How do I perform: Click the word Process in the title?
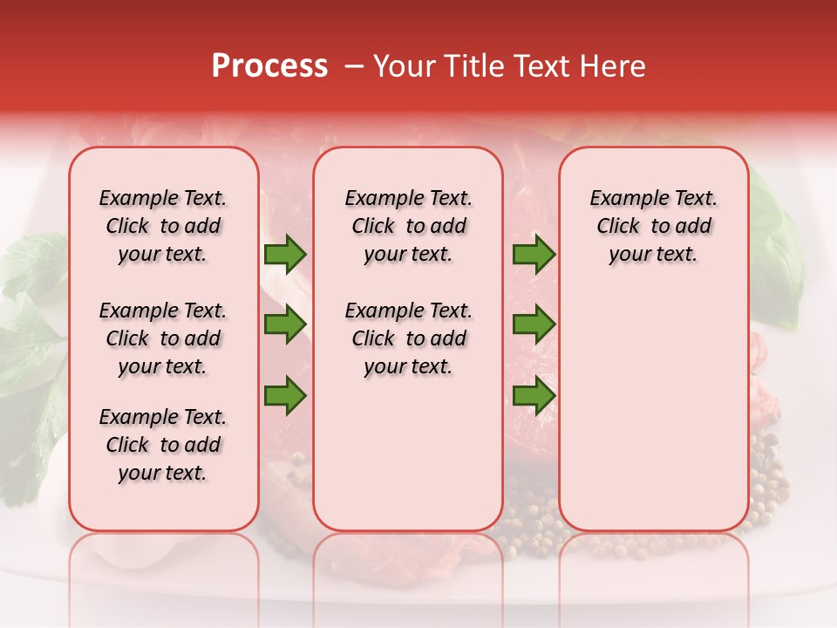pos(269,66)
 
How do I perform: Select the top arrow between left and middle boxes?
pos(285,255)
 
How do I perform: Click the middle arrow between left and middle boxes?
pos(285,324)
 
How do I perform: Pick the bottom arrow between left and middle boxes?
pos(285,395)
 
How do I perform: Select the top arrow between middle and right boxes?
pos(534,255)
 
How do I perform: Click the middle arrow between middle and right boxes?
pos(534,324)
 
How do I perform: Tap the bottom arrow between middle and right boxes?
pos(534,395)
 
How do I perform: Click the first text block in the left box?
pos(163,226)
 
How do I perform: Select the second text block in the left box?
pos(163,338)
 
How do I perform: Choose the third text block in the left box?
pos(163,445)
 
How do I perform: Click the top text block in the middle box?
pos(408,226)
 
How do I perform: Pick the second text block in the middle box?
pos(408,338)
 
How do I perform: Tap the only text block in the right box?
pos(653,226)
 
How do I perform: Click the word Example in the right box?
pos(623,199)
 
